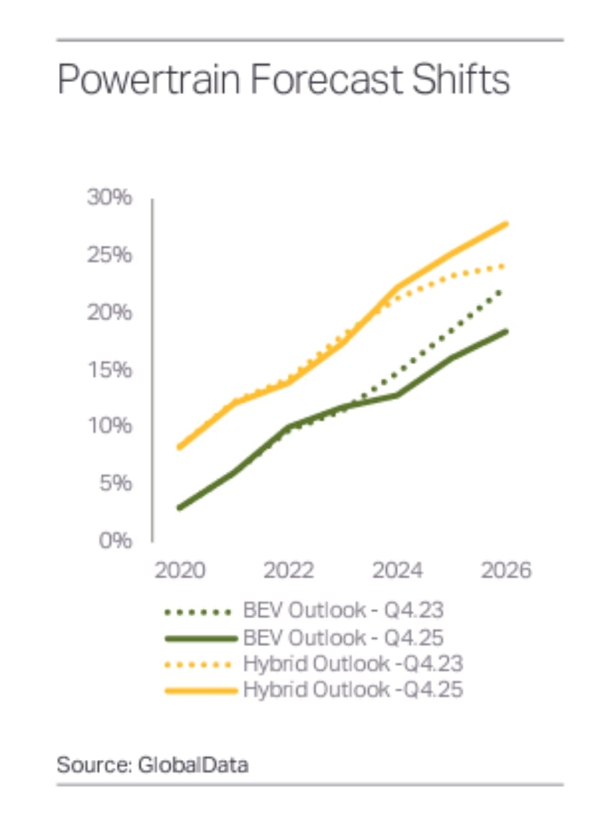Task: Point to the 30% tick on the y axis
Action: pyautogui.click(x=109, y=199)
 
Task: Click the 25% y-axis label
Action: pyautogui.click(x=109, y=255)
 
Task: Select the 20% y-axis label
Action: pyautogui.click(x=109, y=312)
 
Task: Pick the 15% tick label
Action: pyautogui.click(x=109, y=369)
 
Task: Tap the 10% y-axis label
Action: pyautogui.click(x=109, y=426)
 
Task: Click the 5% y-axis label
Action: pyautogui.click(x=115, y=483)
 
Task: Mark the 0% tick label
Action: pyautogui.click(x=115, y=540)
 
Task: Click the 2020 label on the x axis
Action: pyautogui.click(x=180, y=571)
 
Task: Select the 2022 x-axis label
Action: pyautogui.click(x=288, y=571)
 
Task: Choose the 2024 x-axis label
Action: pyautogui.click(x=397, y=571)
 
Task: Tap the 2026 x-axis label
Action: pyautogui.click(x=505, y=571)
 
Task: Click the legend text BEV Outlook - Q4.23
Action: pyautogui.click(x=343, y=612)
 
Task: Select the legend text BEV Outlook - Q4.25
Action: pyautogui.click(x=343, y=638)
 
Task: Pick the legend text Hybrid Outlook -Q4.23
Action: pyautogui.click(x=353, y=664)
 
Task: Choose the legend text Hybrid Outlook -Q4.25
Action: pyautogui.click(x=353, y=689)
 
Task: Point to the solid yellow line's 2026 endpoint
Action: pyautogui.click(x=506, y=224)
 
